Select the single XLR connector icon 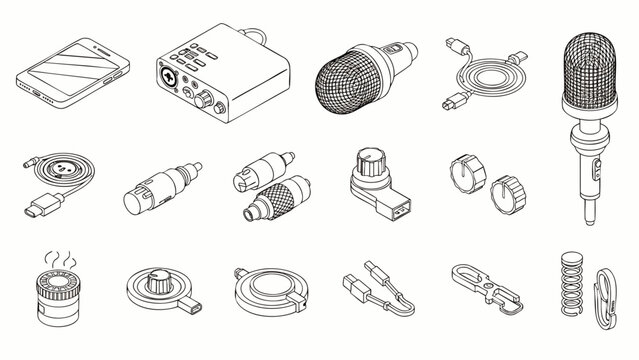153,186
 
